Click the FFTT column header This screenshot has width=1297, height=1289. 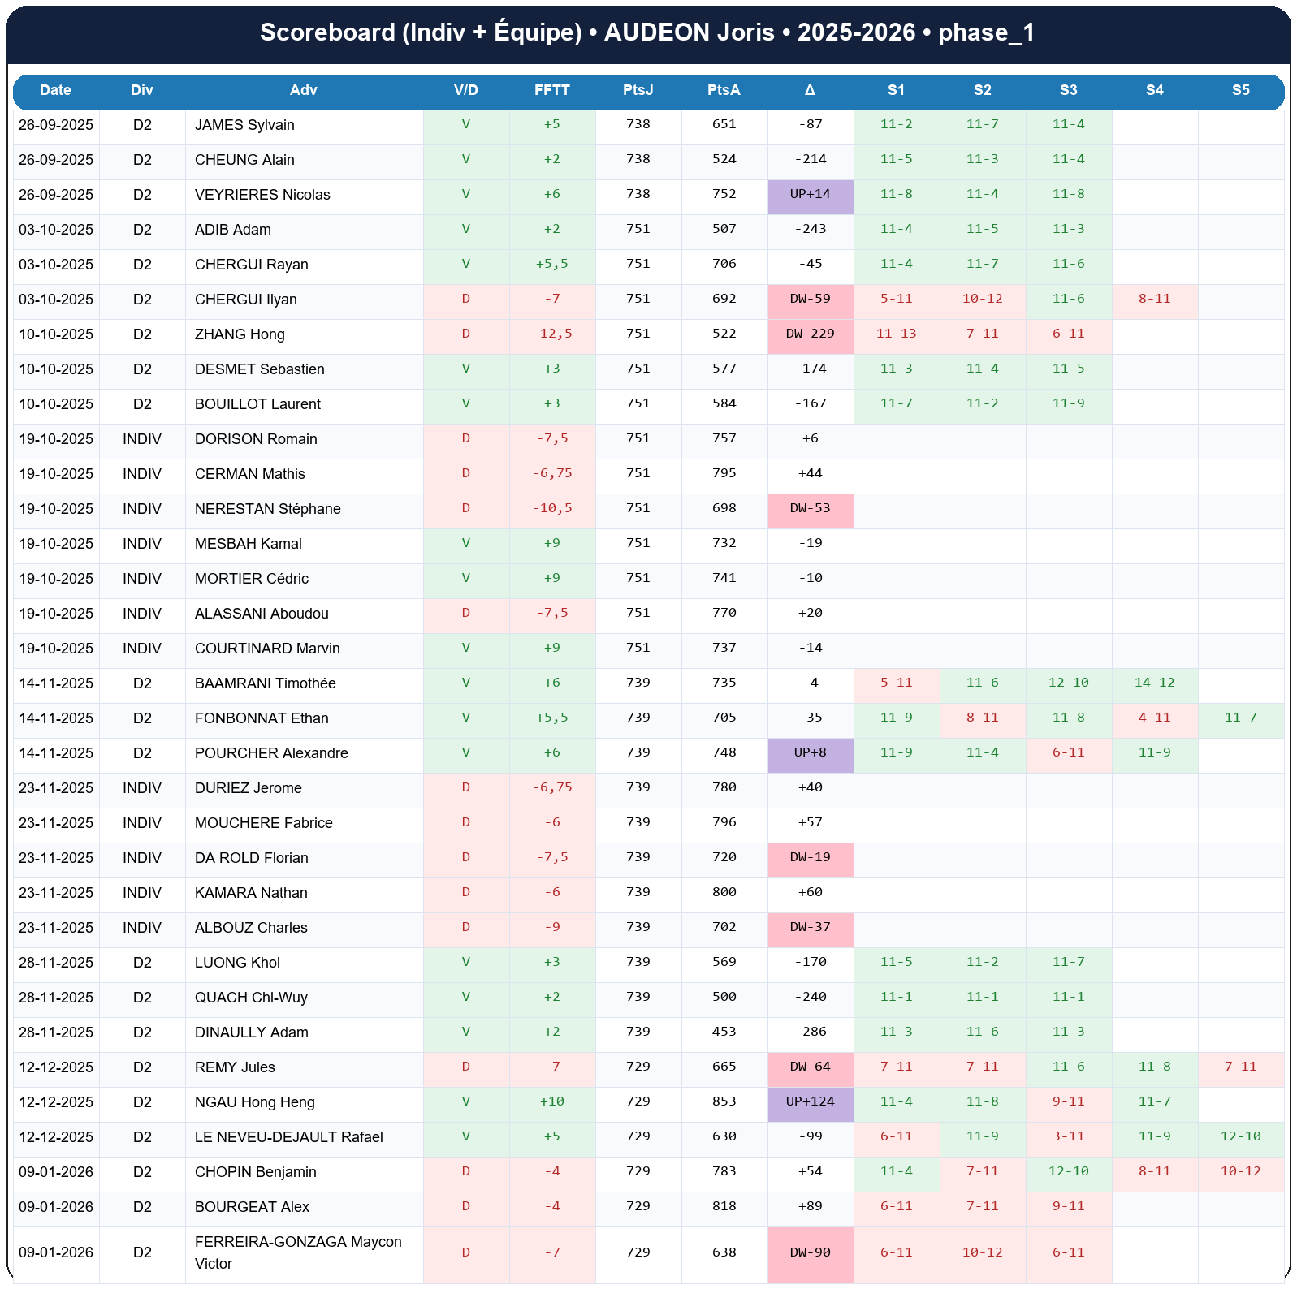pyautogui.click(x=551, y=90)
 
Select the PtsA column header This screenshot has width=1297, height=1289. pyautogui.click(x=724, y=90)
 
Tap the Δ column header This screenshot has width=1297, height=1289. pyautogui.click(x=810, y=90)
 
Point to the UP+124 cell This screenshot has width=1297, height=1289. pyautogui.click(x=810, y=1101)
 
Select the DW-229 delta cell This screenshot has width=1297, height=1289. pyautogui.click(x=810, y=334)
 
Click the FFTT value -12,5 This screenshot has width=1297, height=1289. pyautogui.click(x=551, y=334)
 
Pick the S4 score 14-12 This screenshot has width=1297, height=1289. pyautogui.click(x=1154, y=683)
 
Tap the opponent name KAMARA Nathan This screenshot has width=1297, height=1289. pyautogui.click(x=251, y=893)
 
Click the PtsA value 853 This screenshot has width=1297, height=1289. pyautogui.click(x=724, y=1101)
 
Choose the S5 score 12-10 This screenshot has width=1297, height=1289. pyautogui.click(x=1240, y=1136)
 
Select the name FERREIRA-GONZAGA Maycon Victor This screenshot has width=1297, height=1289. pyautogui.click(x=298, y=1252)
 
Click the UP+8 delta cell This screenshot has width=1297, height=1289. pyautogui.click(x=810, y=752)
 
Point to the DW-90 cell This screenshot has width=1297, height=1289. pyautogui.click(x=810, y=1252)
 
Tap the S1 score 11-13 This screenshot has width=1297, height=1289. pyautogui.click(x=896, y=334)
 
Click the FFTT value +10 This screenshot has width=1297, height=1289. pyautogui.click(x=551, y=1101)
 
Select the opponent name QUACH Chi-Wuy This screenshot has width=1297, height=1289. pyautogui.click(x=251, y=998)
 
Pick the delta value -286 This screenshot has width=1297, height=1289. pyautogui.click(x=810, y=1032)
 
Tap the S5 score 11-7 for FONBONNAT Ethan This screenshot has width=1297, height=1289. pyautogui.click(x=1240, y=718)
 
